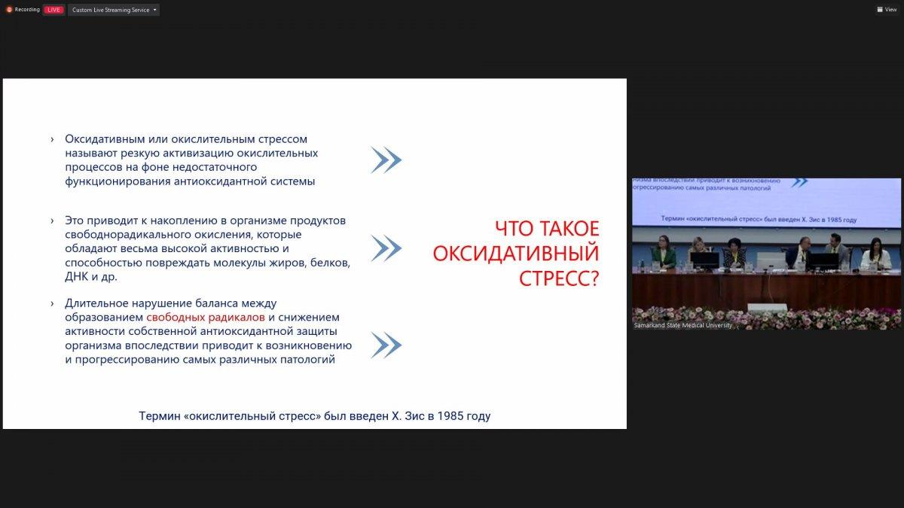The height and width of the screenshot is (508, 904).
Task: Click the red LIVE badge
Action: (x=53, y=10)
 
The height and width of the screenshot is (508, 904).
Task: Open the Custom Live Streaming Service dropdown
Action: (x=114, y=10)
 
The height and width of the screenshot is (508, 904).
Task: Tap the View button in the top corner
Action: (x=887, y=9)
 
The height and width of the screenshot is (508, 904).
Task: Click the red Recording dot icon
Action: (x=9, y=10)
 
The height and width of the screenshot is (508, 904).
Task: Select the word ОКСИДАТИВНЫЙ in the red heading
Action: (x=516, y=254)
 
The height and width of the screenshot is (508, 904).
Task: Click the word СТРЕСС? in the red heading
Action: (x=559, y=278)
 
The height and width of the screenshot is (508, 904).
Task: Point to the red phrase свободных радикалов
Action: (x=206, y=318)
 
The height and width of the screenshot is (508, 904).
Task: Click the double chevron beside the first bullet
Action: (x=386, y=160)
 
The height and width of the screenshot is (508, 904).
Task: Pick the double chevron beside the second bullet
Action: (x=386, y=248)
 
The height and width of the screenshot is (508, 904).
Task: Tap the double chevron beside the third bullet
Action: (x=386, y=345)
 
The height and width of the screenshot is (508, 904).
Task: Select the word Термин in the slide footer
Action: (x=160, y=416)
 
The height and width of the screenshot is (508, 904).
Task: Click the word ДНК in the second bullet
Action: (x=77, y=277)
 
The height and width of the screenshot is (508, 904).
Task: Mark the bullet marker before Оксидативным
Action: (x=52, y=139)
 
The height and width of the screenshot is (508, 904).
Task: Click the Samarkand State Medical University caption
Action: (x=683, y=325)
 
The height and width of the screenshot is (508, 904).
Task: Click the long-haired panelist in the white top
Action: (x=875, y=255)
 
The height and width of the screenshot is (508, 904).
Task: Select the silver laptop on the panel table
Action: (x=771, y=261)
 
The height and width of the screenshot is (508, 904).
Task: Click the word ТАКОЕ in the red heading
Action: (x=573, y=229)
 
